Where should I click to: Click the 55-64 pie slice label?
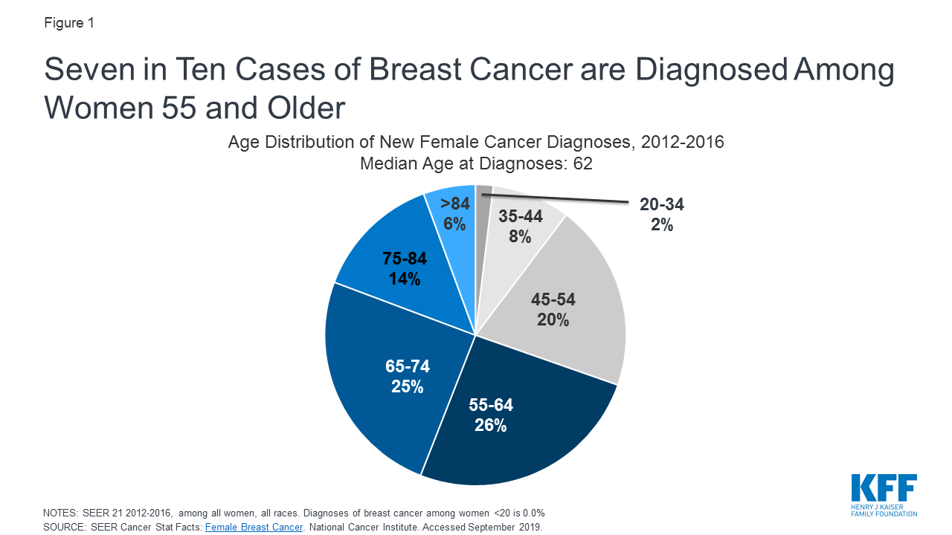[490, 415]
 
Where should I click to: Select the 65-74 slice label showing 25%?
[407, 377]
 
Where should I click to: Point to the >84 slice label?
[454, 215]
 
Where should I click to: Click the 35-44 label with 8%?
[520, 227]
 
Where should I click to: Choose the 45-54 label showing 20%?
[553, 310]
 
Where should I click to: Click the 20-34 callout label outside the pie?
[661, 215]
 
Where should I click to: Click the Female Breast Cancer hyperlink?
[254, 527]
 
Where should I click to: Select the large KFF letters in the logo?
[884, 489]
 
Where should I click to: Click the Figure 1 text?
[69, 23]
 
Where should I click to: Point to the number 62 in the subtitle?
[582, 163]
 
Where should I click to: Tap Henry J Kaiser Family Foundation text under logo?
[884, 510]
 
